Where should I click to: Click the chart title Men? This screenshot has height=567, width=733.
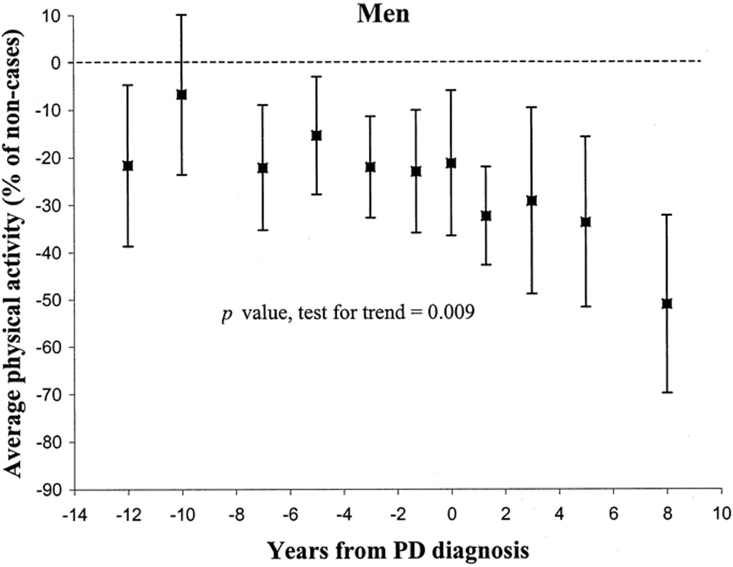(383, 14)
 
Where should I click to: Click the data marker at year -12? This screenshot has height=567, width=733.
(128, 166)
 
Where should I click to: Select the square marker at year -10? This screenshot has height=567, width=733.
(182, 94)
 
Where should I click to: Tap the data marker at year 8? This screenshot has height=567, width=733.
(667, 304)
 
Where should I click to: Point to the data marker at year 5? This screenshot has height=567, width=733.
(585, 222)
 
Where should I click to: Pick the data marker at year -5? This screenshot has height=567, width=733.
(316, 136)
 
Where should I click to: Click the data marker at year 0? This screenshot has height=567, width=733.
(451, 163)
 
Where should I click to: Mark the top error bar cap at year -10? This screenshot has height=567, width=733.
(182, 15)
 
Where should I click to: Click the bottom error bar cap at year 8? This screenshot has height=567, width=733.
(667, 392)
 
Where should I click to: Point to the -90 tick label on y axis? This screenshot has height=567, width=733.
(49, 490)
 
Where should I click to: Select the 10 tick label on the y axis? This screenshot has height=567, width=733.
(53, 16)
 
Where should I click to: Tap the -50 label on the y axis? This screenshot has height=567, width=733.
(49, 300)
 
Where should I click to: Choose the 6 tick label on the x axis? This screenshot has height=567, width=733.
(613, 514)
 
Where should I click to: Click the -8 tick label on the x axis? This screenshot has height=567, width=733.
(236, 514)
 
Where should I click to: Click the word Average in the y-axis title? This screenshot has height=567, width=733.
(13, 435)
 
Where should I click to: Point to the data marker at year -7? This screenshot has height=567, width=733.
(262, 168)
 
